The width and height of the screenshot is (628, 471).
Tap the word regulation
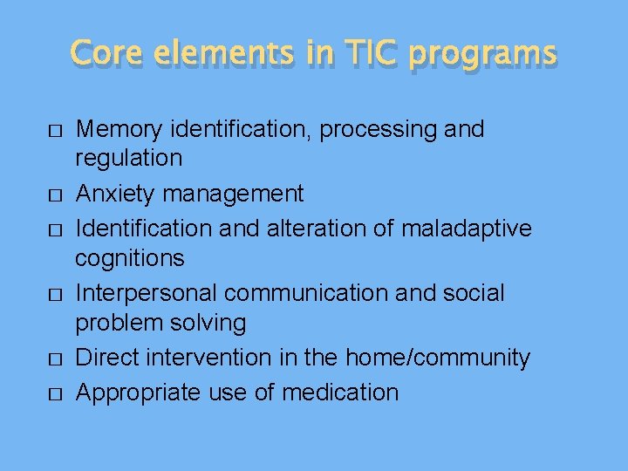[129, 159]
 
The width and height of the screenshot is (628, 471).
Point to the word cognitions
[130, 258]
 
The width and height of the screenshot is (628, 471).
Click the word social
[474, 292]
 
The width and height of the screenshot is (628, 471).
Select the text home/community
[438, 358]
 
